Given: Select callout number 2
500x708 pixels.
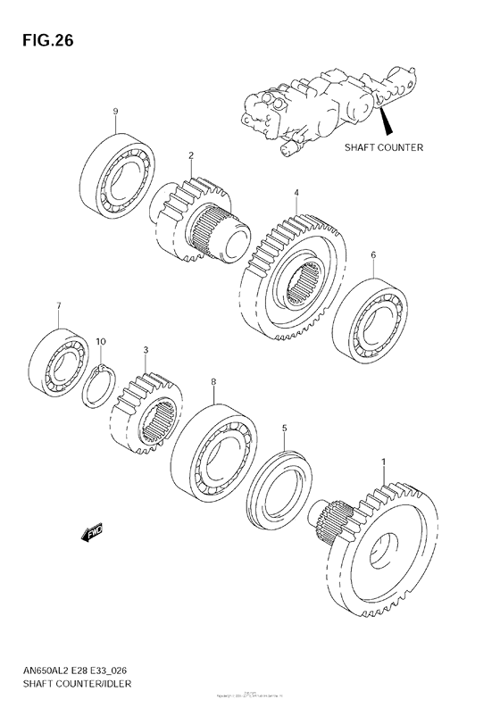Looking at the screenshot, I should click(190, 155).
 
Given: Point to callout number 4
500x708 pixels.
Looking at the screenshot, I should click(296, 191).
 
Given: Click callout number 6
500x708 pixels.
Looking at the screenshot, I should click(373, 254).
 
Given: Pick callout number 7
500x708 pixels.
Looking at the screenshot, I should click(58, 307).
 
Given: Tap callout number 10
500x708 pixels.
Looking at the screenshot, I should click(101, 342).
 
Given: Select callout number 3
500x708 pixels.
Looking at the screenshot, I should click(146, 351).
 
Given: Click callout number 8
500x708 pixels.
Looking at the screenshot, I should click(213, 382).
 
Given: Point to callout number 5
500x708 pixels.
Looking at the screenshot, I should click(284, 429).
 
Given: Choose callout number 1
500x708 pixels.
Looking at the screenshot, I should click(384, 462).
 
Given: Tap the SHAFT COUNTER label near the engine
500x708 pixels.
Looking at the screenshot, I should click(383, 147).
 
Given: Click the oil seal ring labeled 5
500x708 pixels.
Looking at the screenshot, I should click(279, 487).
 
